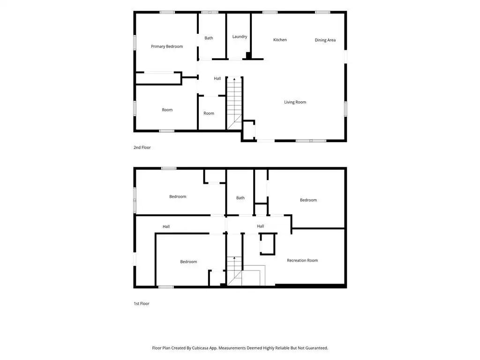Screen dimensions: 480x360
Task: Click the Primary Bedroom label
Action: click(x=167, y=46)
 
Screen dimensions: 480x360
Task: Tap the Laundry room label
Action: click(x=240, y=37)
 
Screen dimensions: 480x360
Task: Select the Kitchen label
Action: click(x=280, y=40)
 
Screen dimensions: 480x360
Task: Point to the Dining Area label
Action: click(x=325, y=40)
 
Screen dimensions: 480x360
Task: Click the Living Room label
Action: click(x=295, y=102)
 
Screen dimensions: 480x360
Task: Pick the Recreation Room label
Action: click(x=302, y=261)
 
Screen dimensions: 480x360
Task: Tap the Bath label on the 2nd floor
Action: click(x=209, y=38)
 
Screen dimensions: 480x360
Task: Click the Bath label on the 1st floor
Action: click(x=240, y=198)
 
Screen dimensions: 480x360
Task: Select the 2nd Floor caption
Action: click(x=142, y=148)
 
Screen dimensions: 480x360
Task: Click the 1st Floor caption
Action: click(x=142, y=304)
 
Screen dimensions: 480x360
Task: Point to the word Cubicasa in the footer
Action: click(x=201, y=348)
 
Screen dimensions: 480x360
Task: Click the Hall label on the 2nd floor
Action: click(x=217, y=79)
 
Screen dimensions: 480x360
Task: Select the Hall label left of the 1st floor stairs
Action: click(x=166, y=226)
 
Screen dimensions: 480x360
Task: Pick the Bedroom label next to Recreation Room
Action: click(x=308, y=200)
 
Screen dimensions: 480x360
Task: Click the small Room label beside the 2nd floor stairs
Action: click(x=209, y=113)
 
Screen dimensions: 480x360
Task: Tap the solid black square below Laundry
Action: click(x=248, y=55)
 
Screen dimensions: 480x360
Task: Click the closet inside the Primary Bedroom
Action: click(x=158, y=78)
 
